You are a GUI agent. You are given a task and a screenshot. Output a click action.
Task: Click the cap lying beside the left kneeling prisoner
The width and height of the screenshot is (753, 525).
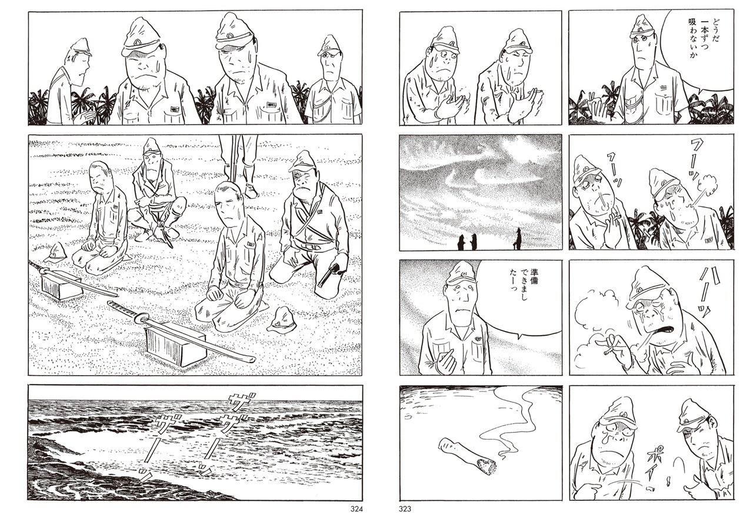[x=55, y=252]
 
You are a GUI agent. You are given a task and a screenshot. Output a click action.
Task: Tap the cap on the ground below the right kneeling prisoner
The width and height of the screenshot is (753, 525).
[x=283, y=321]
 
